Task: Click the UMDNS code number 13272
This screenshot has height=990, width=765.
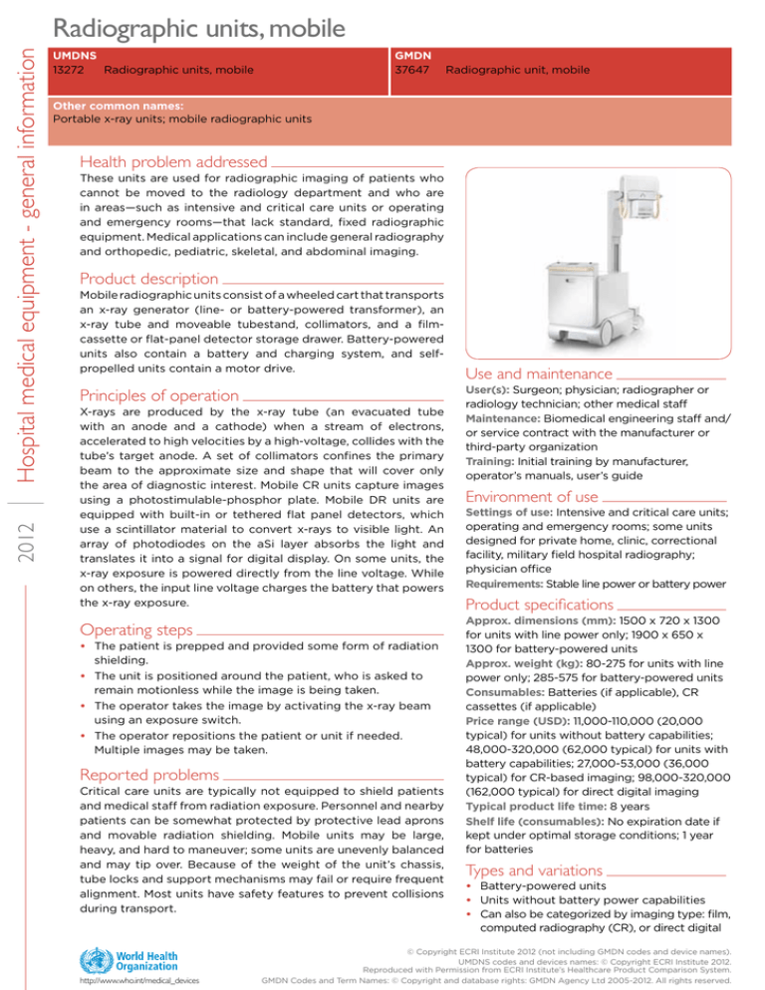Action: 67,70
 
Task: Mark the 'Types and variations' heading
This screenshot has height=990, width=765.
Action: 534,869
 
